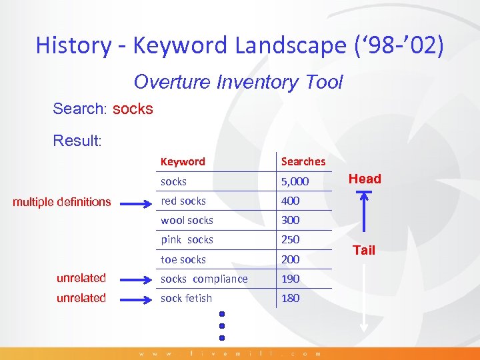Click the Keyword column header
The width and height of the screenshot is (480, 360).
(183, 161)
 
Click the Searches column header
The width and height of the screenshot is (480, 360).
(303, 161)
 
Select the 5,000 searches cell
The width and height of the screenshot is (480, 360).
(295, 181)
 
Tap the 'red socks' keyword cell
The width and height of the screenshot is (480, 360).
(183, 201)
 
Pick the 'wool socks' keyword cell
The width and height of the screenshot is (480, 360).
(187, 220)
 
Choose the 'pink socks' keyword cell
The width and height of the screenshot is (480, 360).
(187, 239)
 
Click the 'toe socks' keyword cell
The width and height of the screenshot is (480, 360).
(183, 259)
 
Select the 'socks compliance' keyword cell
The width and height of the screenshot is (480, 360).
(204, 279)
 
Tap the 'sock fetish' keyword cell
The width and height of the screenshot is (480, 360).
(186, 298)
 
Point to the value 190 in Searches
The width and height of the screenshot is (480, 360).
(291, 279)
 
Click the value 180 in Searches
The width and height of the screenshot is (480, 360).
(291, 298)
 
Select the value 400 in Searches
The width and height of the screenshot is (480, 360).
(291, 201)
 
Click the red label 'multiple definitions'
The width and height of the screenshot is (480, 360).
(62, 201)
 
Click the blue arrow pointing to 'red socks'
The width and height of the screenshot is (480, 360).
(136, 201)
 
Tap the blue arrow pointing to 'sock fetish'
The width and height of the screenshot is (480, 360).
(136, 298)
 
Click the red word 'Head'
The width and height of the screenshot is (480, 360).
(365, 179)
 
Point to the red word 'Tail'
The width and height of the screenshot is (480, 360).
(364, 250)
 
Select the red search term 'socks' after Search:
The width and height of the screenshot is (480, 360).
(133, 109)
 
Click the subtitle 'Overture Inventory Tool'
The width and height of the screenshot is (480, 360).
(238, 82)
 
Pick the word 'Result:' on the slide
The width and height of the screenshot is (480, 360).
(77, 141)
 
